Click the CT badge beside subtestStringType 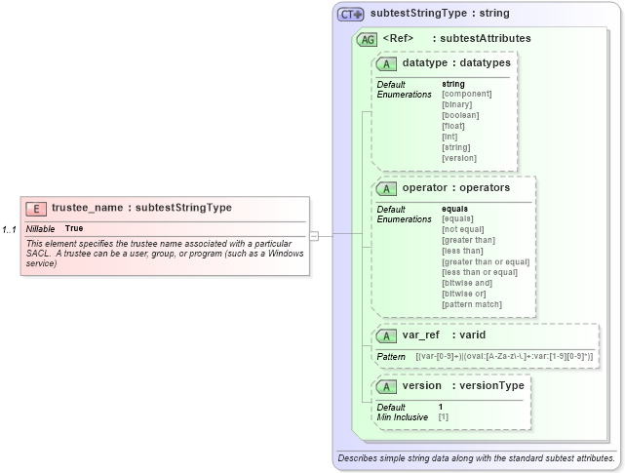[x=350, y=14]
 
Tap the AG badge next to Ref [x=368, y=39]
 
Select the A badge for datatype [x=387, y=63]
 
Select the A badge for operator [x=387, y=187]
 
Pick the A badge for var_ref [x=387, y=335]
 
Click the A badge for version [x=387, y=386]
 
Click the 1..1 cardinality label [x=9, y=229]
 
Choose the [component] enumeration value [x=466, y=94]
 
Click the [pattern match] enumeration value [x=472, y=304]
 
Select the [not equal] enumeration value [x=463, y=229]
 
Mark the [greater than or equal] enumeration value [x=486, y=261]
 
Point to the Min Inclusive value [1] [x=444, y=416]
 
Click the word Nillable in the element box [x=41, y=228]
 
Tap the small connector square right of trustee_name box [x=314, y=235]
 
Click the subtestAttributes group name [x=486, y=39]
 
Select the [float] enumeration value [x=453, y=126]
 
